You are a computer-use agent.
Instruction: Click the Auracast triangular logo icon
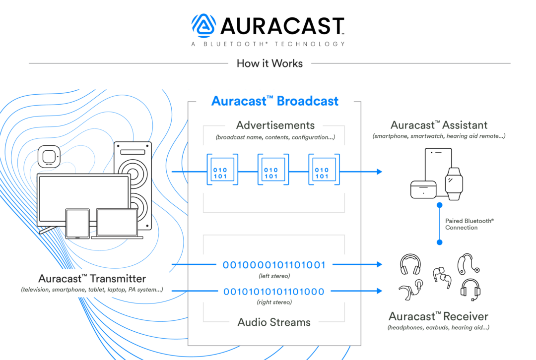[204, 26]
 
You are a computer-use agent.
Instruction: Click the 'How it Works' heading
[269, 63]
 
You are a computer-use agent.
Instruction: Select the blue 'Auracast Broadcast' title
[274, 101]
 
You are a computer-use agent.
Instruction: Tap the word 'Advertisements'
[275, 125]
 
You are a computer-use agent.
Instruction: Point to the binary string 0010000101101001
[274, 265]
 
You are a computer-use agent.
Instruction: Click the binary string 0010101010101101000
[274, 292]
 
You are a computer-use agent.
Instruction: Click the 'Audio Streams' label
[274, 322]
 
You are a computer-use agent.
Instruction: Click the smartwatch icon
[453, 183]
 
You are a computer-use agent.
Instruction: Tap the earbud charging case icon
[423, 190]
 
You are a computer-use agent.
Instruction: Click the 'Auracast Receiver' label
[438, 316]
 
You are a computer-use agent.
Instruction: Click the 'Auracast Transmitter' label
[92, 279]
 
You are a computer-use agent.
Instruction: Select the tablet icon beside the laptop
[78, 224]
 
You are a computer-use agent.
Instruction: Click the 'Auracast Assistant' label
[439, 125]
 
